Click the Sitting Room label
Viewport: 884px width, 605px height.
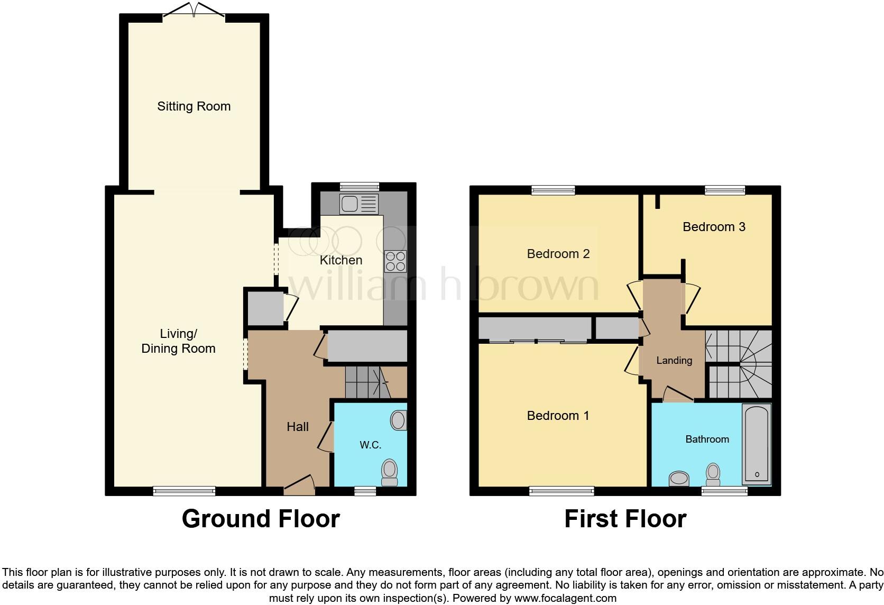(194, 106)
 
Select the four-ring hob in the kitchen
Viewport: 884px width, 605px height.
(395, 261)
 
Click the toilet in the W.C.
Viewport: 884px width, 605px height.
(390, 472)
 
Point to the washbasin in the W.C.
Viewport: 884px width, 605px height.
(399, 421)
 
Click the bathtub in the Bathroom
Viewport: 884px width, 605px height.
(757, 444)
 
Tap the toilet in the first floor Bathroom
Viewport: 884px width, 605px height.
(713, 474)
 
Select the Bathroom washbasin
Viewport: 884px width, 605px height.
(679, 479)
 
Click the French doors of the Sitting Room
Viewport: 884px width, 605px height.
(194, 11)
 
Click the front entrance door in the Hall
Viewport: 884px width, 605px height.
(299, 485)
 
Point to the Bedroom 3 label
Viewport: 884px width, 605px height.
(714, 227)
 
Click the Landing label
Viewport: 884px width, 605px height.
(674, 361)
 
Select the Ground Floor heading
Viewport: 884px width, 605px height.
(261, 519)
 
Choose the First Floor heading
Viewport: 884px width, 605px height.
(625, 519)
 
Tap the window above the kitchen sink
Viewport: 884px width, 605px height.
(360, 186)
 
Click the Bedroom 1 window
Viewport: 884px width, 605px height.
(561, 492)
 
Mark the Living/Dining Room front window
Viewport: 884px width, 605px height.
(184, 491)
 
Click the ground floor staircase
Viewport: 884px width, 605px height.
(367, 383)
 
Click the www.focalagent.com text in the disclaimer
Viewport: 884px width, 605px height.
(565, 599)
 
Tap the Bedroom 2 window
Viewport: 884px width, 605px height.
(553, 190)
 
